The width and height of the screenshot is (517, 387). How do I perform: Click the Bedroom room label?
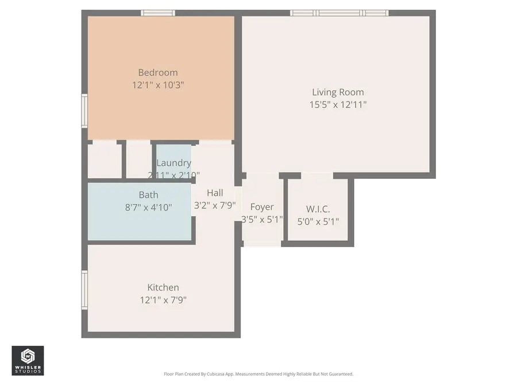click(157, 73)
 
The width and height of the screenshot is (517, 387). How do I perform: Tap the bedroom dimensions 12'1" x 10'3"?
click(157, 85)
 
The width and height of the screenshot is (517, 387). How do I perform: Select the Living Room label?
click(338, 92)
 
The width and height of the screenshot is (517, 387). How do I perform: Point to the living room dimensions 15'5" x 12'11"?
click(338, 104)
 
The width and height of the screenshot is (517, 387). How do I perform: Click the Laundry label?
click(173, 163)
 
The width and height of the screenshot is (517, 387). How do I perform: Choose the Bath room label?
click(148, 195)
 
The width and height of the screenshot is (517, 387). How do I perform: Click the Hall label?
click(215, 193)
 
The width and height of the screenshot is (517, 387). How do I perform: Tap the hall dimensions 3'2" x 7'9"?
click(215, 206)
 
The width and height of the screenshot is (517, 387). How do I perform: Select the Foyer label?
click(262, 207)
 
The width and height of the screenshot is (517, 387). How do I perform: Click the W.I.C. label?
click(318, 209)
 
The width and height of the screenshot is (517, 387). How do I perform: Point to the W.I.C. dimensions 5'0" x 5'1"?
click(318, 221)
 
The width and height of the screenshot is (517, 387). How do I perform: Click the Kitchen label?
click(163, 287)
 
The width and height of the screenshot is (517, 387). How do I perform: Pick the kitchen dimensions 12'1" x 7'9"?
click(163, 299)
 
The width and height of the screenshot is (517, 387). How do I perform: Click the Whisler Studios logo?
click(28, 361)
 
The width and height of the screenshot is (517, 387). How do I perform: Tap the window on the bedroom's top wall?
click(158, 13)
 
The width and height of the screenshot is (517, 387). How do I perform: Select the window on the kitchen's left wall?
click(84, 290)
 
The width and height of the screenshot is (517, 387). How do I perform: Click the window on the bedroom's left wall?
click(84, 111)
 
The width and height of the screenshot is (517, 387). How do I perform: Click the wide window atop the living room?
click(339, 13)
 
